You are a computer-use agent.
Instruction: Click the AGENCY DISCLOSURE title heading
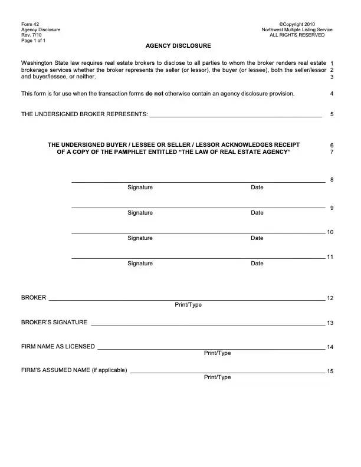point(178,46)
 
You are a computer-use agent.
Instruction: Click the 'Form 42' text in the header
point(29,24)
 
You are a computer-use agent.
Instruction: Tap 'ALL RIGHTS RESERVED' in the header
point(297,35)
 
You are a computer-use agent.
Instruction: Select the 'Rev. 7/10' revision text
point(32,35)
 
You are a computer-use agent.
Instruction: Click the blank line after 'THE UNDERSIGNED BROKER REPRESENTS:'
point(235,116)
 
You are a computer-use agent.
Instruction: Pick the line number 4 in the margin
point(332,94)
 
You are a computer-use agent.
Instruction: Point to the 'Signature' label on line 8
point(140,188)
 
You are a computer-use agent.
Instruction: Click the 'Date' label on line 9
point(257,213)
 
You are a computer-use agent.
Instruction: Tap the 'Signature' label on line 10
point(140,238)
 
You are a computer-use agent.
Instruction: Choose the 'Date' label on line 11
point(257,264)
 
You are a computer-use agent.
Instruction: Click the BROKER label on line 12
point(34,298)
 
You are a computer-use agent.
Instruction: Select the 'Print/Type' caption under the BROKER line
point(188,305)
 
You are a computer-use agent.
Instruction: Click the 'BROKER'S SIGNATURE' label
point(54,323)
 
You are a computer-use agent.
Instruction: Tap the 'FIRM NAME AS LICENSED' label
point(58,347)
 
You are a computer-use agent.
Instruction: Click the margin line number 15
point(330,371)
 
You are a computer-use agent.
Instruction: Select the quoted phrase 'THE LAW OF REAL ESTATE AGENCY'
point(234,152)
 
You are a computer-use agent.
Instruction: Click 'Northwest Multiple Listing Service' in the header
point(297,29)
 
